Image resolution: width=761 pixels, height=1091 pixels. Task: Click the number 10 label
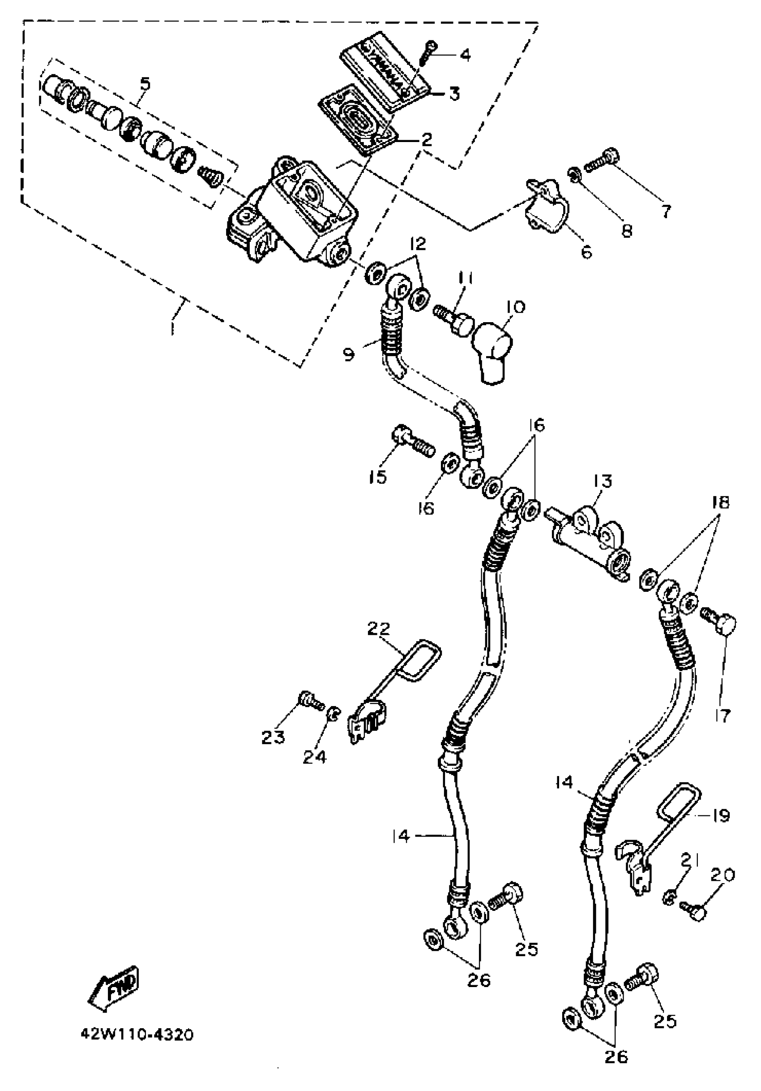pos(516,307)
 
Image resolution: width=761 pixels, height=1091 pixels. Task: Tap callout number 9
pos(349,354)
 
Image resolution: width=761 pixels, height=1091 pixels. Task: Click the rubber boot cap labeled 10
pos(494,352)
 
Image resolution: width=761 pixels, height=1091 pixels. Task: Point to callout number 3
pos(454,94)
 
